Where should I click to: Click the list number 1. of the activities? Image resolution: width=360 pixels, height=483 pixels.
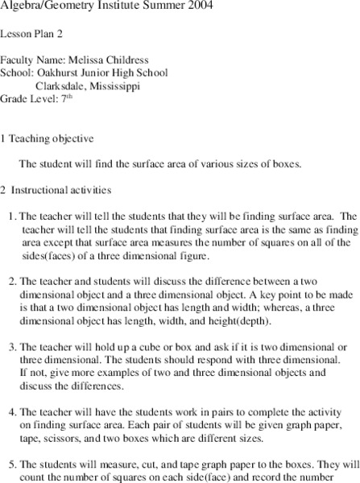(12, 216)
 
